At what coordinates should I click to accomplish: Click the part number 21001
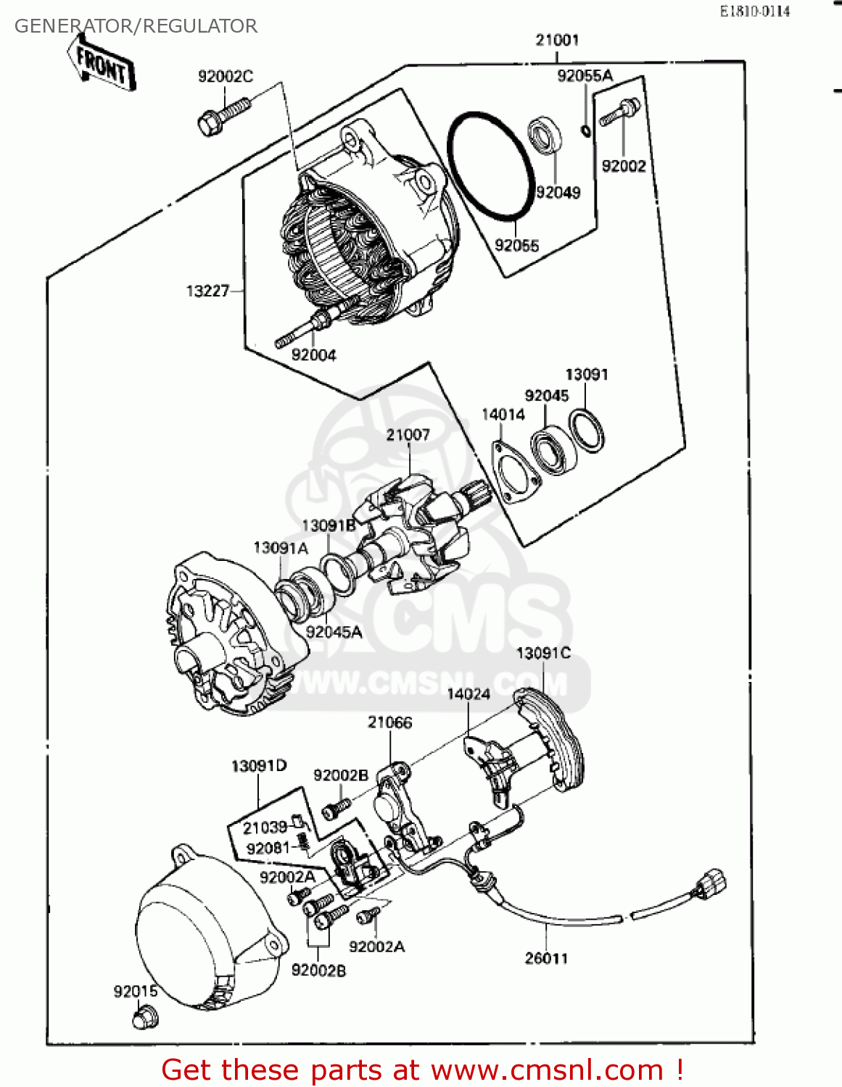tap(557, 40)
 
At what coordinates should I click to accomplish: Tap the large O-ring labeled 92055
tap(490, 165)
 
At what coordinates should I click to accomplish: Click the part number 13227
tap(207, 291)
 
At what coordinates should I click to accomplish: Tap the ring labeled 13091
tap(586, 430)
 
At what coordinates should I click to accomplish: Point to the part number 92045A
tap(334, 632)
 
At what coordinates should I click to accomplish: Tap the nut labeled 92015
tap(144, 1018)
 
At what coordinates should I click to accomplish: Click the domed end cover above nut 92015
tap(203, 935)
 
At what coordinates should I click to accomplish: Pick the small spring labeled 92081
tap(304, 843)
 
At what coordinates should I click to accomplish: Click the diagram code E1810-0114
tap(754, 12)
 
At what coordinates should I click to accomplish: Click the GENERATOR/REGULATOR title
tap(136, 26)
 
